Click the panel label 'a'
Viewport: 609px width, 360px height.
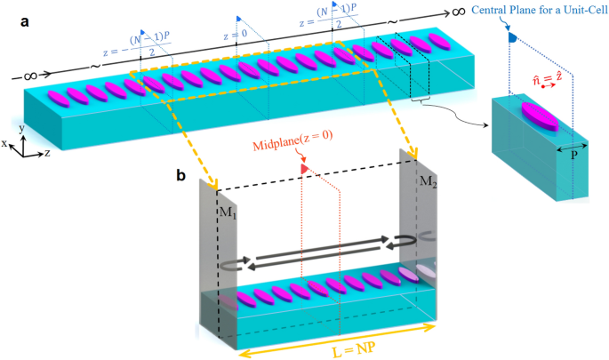(16, 19)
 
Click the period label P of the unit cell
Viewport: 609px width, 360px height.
(571, 160)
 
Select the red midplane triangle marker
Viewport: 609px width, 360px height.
(304, 166)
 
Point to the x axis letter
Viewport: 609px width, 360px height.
(5, 141)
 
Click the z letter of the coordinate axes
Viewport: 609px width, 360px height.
(46, 153)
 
